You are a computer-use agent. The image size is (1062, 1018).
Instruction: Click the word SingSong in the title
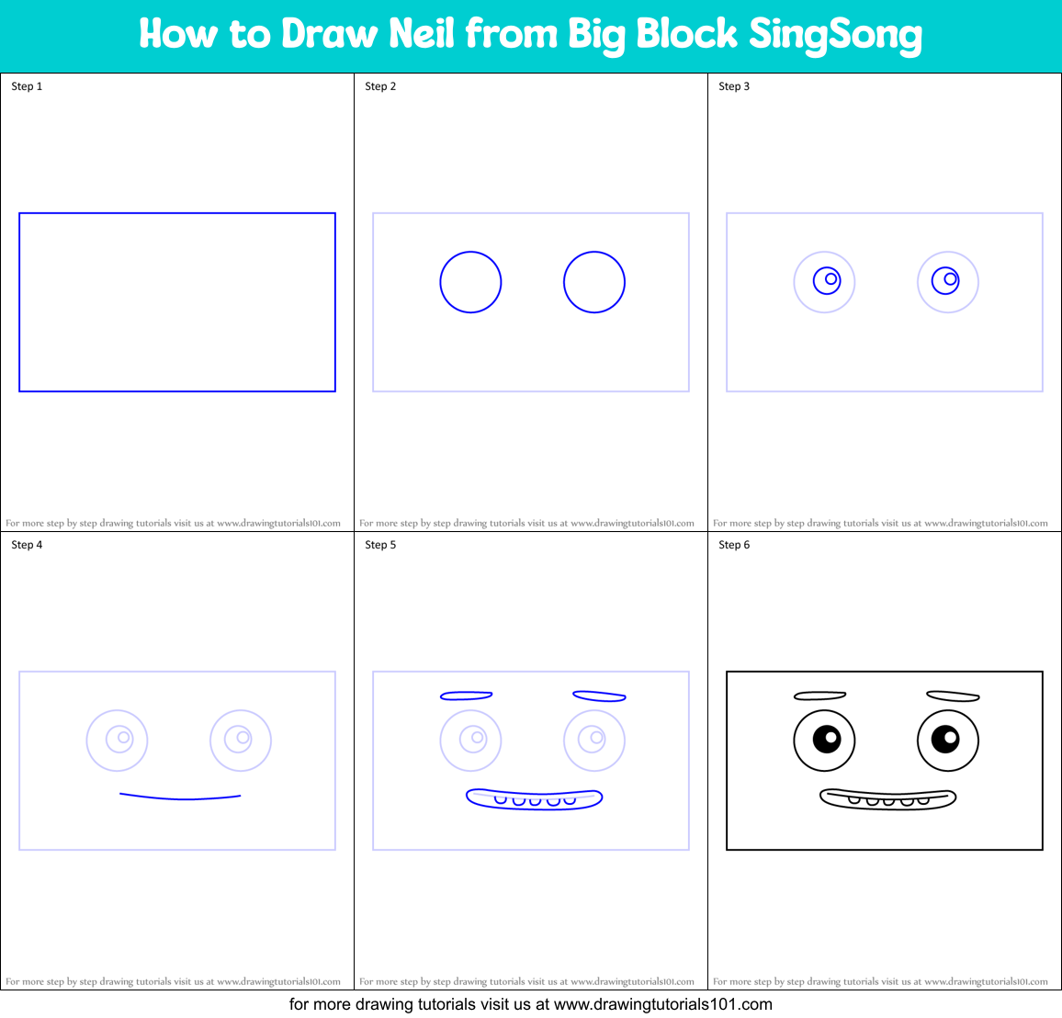click(835, 35)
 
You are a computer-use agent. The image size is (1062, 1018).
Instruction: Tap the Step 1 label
click(27, 86)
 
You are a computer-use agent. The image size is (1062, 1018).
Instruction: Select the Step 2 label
click(380, 86)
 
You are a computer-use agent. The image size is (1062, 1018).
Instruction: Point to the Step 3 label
click(734, 86)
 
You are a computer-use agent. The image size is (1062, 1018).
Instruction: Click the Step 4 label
click(27, 545)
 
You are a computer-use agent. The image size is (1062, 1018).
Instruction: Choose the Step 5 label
click(380, 545)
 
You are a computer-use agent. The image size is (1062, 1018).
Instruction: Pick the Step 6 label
click(734, 545)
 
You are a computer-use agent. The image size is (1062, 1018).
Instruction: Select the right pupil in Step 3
click(946, 279)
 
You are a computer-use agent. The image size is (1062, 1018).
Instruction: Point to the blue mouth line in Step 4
click(180, 797)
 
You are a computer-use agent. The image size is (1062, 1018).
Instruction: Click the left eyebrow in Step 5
click(467, 696)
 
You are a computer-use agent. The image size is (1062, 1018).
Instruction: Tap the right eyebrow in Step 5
click(599, 696)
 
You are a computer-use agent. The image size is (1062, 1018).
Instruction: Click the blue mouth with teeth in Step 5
click(534, 798)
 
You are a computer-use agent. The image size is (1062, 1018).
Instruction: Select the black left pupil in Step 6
click(827, 739)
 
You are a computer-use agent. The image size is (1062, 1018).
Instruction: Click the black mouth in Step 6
click(887, 799)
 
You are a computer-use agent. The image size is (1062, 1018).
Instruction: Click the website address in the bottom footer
click(662, 1004)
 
